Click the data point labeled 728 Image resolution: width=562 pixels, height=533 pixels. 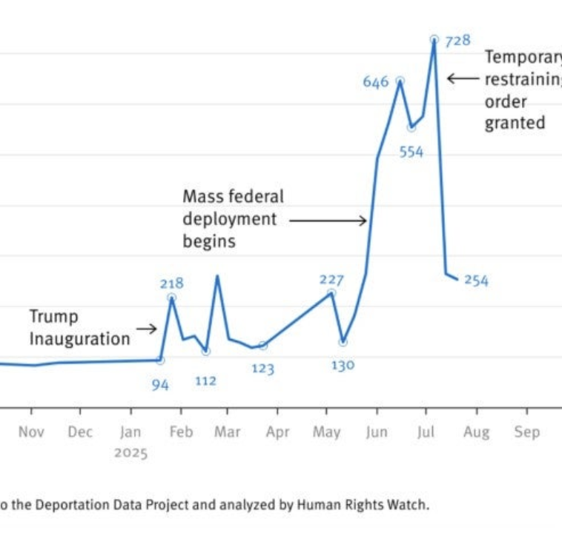pos(434,39)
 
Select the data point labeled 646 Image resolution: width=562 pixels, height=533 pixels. pos(400,81)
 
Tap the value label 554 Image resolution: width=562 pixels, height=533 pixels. pos(411,152)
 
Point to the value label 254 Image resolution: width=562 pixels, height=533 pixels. pos(476,281)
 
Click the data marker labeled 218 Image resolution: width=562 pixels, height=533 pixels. pos(172,298)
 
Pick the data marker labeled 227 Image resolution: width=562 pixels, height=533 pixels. pos(331,294)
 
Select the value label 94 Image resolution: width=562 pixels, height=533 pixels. pos(160,384)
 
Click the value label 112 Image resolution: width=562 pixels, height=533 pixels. pos(205,381)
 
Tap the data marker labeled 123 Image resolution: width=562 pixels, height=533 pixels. pos(262,346)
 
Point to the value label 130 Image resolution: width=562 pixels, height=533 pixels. pos(343,365)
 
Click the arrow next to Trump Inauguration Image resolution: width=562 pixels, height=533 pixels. pos(147,329)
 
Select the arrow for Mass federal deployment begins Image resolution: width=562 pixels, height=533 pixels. pos(328,220)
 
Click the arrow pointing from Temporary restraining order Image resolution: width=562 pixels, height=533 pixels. pos(463,78)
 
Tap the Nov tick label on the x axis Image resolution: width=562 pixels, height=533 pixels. pos(31,432)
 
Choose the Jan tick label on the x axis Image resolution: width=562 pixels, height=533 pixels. pos(130,432)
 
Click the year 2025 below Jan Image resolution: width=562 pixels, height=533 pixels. pos(131,453)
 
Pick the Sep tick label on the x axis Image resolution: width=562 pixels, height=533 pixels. pos(526,432)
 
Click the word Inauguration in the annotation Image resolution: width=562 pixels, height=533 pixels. pos(79,339)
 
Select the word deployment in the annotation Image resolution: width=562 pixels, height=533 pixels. pos(230,219)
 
